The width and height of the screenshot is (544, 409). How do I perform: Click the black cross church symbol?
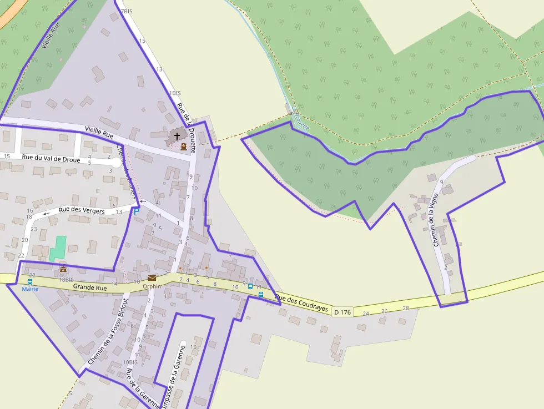pos(177,136)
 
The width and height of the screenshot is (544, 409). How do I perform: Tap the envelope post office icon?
pos(152,277)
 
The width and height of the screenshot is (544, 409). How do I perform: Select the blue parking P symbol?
pos(135,212)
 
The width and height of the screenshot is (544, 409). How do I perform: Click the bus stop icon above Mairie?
pos(29,281)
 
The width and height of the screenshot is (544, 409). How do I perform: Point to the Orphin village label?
pos(152,286)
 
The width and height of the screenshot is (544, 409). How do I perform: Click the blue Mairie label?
pos(30,289)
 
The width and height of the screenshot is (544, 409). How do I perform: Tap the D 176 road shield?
pos(342,312)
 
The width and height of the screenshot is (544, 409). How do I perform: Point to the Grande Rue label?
pos(90,287)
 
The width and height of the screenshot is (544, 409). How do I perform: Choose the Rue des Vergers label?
pos(82,210)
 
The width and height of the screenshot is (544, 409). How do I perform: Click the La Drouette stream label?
pos(300,119)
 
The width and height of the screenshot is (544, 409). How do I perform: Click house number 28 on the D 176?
pos(405,308)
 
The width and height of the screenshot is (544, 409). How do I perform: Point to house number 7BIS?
pos(127,11)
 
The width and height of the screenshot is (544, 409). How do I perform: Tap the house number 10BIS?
pos(130,362)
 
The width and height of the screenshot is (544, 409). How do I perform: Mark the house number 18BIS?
pos(66,280)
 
